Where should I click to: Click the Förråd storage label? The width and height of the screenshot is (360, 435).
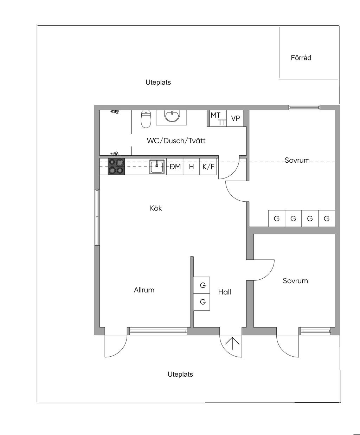301,58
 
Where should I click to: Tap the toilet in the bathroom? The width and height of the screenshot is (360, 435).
146,119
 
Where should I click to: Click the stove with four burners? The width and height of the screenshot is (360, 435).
116,166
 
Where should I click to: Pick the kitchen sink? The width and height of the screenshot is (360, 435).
157,167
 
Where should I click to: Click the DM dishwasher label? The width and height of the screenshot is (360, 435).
175,167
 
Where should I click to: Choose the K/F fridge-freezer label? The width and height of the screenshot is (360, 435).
208,167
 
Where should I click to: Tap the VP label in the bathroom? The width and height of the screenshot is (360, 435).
236,118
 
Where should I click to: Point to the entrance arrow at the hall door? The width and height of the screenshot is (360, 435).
232,344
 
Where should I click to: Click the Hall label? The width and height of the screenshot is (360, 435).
225,292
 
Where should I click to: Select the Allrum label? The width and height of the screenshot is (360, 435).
144,290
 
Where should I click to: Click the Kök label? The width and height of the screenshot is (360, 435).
156,208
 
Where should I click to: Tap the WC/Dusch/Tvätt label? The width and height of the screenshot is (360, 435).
176,141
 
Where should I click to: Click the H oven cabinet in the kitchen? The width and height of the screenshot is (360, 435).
191,166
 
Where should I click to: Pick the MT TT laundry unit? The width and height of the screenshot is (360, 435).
218,118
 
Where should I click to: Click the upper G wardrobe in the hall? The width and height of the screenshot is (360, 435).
201,285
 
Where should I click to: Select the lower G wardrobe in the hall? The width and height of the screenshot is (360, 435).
201,302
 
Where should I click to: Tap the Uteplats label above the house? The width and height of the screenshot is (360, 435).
158,82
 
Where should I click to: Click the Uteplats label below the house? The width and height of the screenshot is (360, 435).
180,374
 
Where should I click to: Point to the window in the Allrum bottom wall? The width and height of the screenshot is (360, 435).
158,331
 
